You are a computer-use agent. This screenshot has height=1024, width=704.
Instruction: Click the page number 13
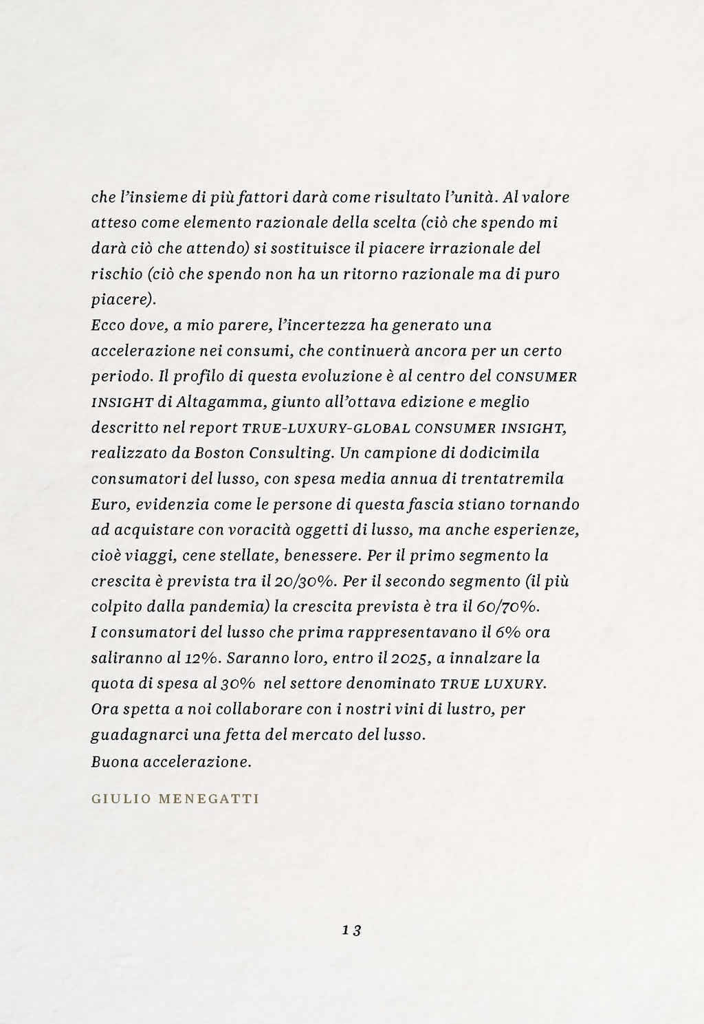pyautogui.click(x=351, y=930)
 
